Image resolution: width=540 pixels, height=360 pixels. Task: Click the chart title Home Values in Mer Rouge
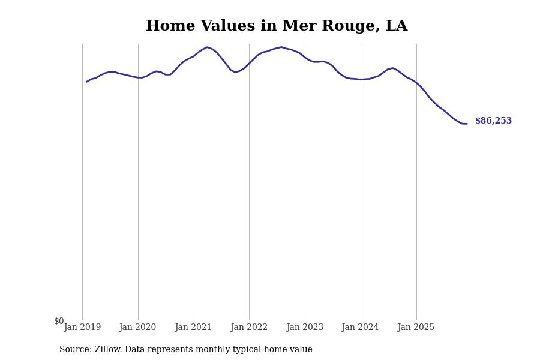pyautogui.click(x=276, y=26)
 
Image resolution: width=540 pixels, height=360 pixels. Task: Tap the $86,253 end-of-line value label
pyautogui.click(x=493, y=121)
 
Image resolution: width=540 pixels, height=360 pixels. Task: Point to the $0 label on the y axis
pyautogui.click(x=59, y=321)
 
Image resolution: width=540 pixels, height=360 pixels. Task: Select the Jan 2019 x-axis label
pyautogui.click(x=82, y=328)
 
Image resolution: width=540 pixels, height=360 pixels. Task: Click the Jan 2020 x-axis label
pyautogui.click(x=137, y=328)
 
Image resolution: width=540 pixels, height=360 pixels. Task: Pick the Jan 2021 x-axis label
pyautogui.click(x=193, y=328)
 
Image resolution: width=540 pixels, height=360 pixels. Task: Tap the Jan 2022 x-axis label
pyautogui.click(x=249, y=328)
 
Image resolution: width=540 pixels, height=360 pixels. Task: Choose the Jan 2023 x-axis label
pyautogui.click(x=305, y=328)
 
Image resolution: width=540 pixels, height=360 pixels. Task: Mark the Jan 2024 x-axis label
pyautogui.click(x=360, y=328)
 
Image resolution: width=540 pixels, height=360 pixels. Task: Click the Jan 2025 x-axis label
pyautogui.click(x=416, y=328)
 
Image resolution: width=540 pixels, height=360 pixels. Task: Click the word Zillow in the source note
pyautogui.click(x=108, y=350)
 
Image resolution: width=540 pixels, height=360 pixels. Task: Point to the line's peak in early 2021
pyautogui.click(x=207, y=47)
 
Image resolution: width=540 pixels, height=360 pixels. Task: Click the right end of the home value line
pyautogui.click(x=466, y=124)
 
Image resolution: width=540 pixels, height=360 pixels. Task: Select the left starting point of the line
pyautogui.click(x=86, y=82)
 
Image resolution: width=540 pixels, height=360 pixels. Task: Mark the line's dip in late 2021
pyautogui.click(x=235, y=73)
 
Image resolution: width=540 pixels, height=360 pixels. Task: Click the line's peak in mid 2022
pyautogui.click(x=281, y=47)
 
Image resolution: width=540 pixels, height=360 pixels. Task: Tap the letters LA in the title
pyautogui.click(x=396, y=26)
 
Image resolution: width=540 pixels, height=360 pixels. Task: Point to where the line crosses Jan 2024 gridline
pyautogui.click(x=361, y=79)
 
